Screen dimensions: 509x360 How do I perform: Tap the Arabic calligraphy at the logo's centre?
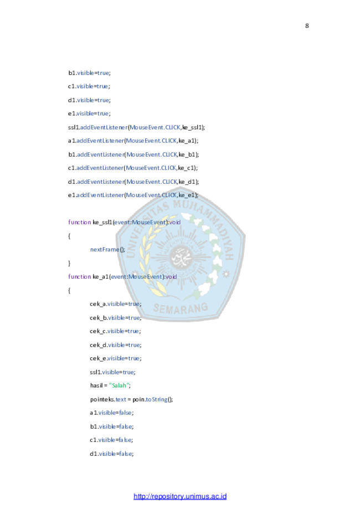tap(180, 256)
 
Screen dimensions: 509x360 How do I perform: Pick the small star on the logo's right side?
tap(225, 273)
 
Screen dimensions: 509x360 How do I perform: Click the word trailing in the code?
tap(157, 399)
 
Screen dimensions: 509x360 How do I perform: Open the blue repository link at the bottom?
tap(180, 496)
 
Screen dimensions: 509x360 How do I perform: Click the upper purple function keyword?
tap(80, 223)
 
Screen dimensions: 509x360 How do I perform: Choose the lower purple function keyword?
tap(80, 277)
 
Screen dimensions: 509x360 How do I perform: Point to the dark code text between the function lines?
tap(104, 250)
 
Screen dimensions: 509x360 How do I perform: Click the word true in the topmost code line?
tap(103, 73)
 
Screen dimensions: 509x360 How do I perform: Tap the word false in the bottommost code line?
tap(126, 454)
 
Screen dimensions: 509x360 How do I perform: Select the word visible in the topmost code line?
tap(85, 73)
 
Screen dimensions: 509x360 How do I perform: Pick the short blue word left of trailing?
tap(121, 399)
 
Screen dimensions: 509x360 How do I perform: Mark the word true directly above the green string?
tap(128, 372)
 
